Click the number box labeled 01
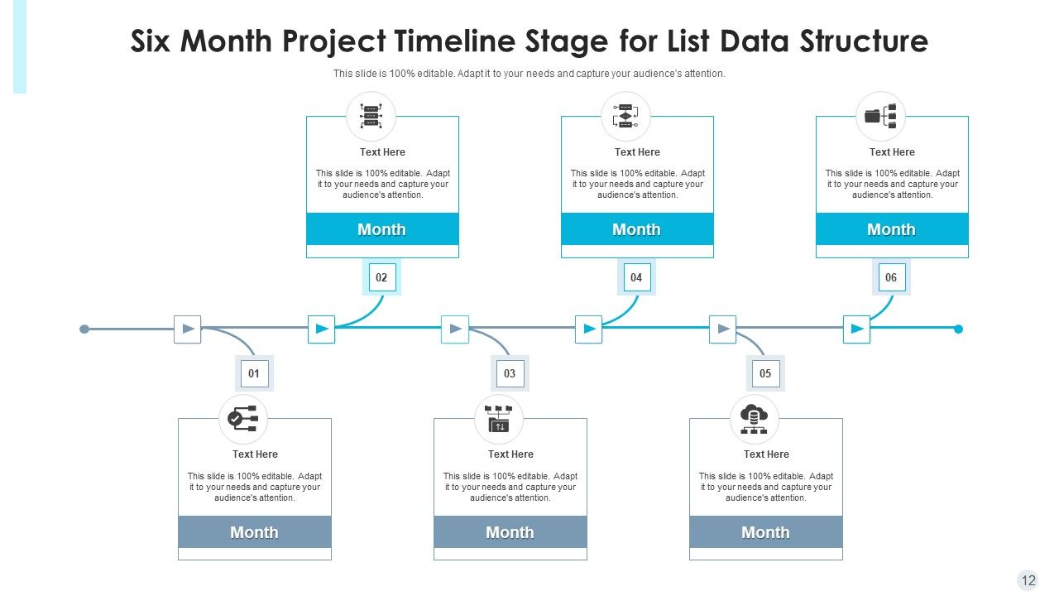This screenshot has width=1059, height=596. (x=254, y=373)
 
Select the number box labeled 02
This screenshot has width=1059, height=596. (x=381, y=277)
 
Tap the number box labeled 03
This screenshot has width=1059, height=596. (x=510, y=373)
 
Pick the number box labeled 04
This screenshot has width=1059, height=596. (x=636, y=277)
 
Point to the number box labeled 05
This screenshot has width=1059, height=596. (x=765, y=373)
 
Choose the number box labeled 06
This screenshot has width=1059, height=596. (x=891, y=277)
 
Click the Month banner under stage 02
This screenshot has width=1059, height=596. (x=382, y=229)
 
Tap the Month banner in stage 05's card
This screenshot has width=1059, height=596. (x=765, y=532)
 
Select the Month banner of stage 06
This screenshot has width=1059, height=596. (x=892, y=229)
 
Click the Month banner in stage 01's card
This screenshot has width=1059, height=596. (x=255, y=532)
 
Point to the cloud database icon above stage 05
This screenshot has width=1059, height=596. (x=754, y=419)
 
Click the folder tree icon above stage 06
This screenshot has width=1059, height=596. (x=881, y=116)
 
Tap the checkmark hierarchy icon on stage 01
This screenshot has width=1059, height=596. (x=243, y=419)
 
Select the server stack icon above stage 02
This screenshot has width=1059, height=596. (x=371, y=116)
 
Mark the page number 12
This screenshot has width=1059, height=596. (x=1028, y=580)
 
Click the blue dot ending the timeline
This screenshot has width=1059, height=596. (x=958, y=329)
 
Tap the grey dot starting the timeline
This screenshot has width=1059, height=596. (x=84, y=329)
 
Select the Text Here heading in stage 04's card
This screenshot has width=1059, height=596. (x=637, y=152)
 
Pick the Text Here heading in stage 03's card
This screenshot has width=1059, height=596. (x=510, y=454)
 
